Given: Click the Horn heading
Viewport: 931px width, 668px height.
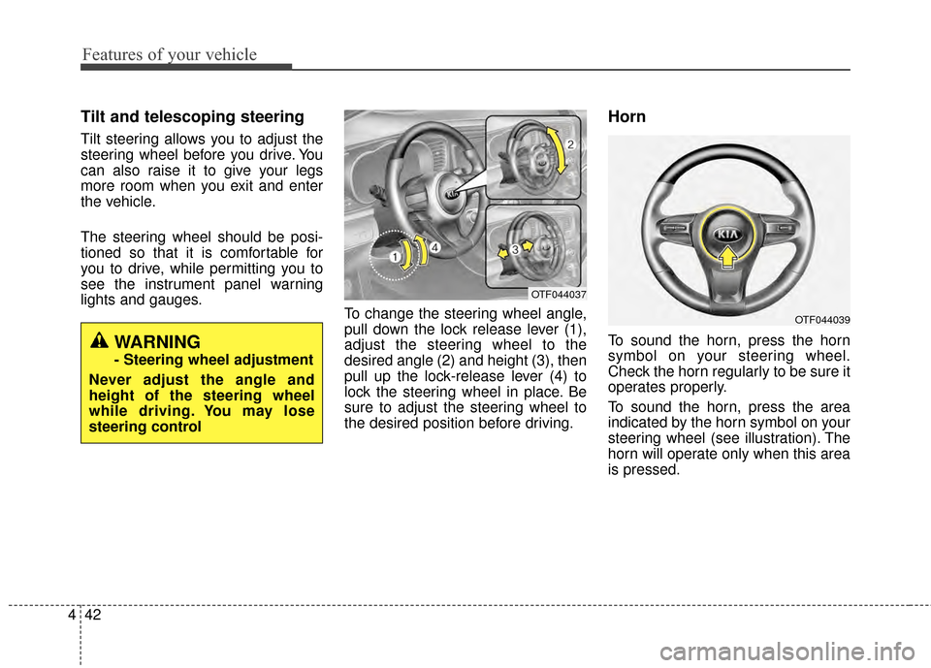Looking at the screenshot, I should [627, 116].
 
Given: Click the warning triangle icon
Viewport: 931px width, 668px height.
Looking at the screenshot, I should [100, 341].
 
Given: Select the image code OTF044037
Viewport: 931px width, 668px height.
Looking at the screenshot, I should [558, 292].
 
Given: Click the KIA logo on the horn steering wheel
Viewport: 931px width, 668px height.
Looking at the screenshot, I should [728, 237].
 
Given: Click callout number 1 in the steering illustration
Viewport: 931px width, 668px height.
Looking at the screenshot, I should [396, 257].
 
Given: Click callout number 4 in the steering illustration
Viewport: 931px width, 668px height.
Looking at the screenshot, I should [435, 247].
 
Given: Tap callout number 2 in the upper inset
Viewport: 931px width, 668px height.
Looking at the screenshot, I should [571, 143].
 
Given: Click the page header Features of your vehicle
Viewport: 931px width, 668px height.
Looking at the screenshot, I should [170, 54].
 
